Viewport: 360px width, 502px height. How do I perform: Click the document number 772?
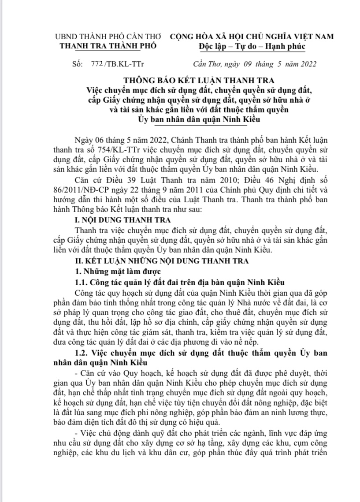click(x=96, y=63)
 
